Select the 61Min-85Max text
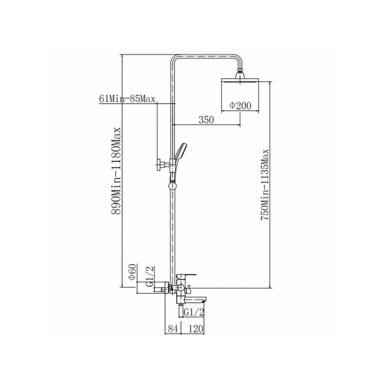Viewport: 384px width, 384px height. [127, 99]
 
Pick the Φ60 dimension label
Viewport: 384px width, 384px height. [131, 272]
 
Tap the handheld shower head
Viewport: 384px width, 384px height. [180, 154]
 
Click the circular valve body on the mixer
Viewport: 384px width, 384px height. [180, 288]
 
